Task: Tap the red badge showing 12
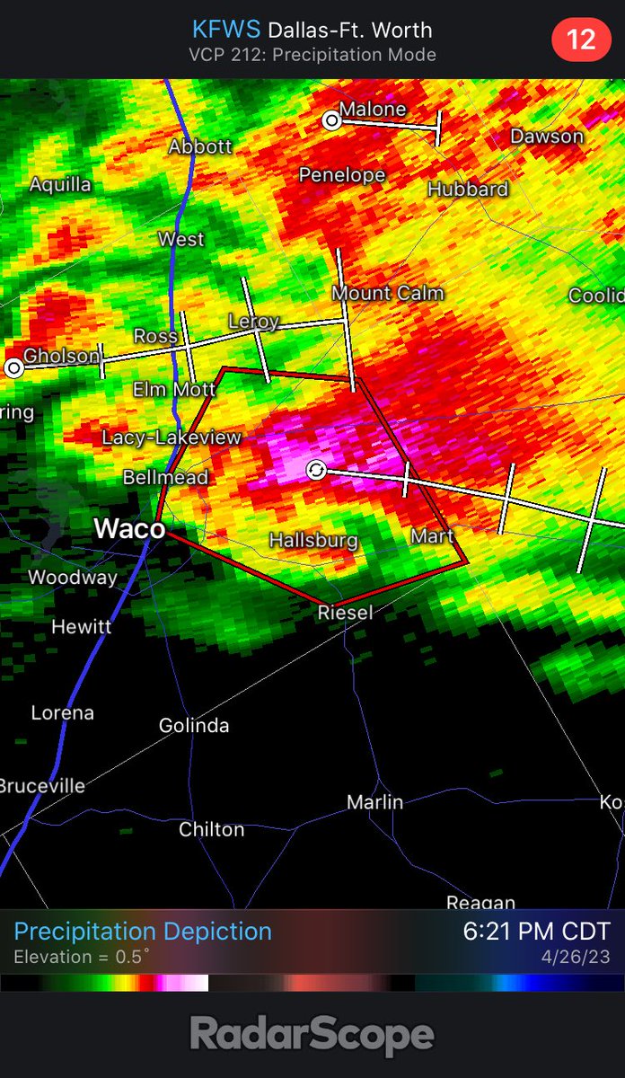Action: [582, 40]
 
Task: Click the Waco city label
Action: [129, 529]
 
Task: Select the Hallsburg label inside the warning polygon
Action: [314, 541]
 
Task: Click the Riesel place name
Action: [344, 613]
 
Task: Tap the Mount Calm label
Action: [388, 293]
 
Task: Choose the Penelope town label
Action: [342, 175]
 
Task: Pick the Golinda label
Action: [194, 726]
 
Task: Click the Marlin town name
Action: [375, 802]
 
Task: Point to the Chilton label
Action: [211, 829]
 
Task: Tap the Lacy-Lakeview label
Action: [172, 437]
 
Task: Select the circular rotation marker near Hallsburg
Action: [316, 470]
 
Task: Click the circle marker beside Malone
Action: [332, 119]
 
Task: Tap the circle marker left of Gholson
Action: [13, 367]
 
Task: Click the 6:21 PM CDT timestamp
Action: [536, 932]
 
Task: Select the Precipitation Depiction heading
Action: [143, 932]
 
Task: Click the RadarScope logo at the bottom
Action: [312, 1036]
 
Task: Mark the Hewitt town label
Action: [81, 626]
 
